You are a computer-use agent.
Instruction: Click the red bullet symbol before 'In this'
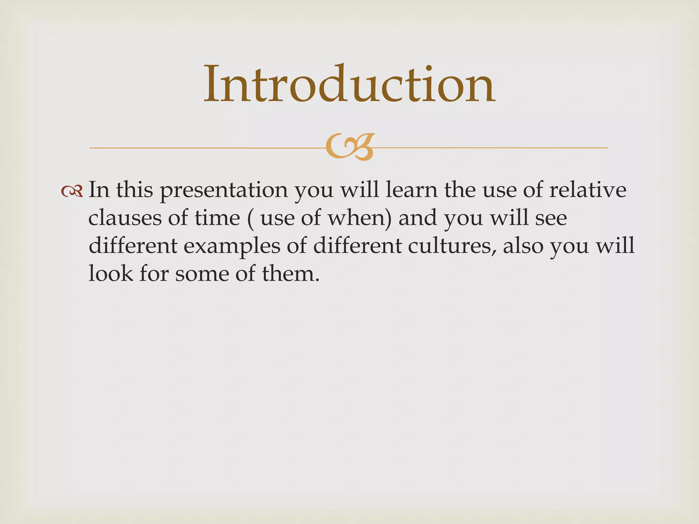click(72, 192)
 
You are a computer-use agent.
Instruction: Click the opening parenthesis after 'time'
click(251, 218)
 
